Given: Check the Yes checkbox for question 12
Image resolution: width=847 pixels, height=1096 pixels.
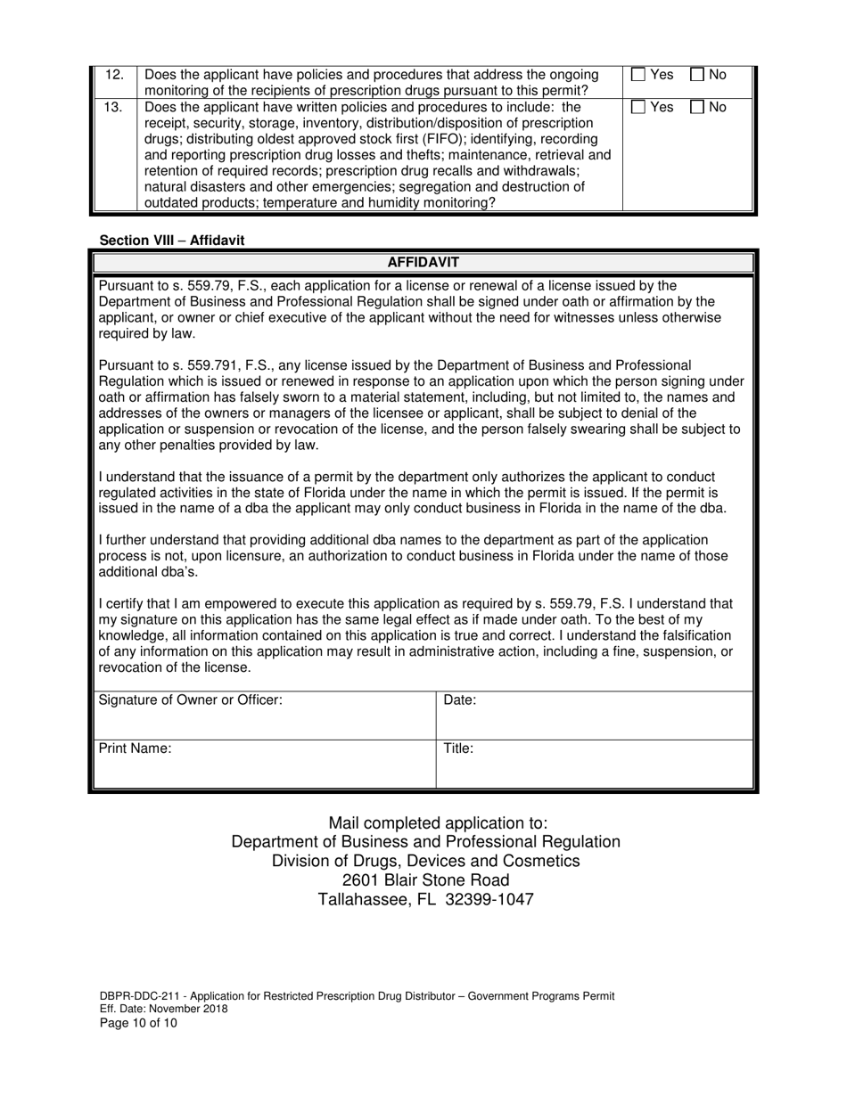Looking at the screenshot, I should (x=637, y=75).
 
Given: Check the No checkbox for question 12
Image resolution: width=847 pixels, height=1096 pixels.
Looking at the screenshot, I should (x=697, y=75).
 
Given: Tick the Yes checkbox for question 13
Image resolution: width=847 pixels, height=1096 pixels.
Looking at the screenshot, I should (x=637, y=107).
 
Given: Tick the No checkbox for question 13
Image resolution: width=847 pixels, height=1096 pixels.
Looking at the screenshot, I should (x=697, y=107).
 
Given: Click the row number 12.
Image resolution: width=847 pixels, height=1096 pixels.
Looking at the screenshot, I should (x=115, y=75).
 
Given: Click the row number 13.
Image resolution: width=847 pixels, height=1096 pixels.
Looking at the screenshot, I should (x=115, y=107).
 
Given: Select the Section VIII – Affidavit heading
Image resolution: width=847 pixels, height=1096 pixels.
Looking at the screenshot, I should (x=171, y=241).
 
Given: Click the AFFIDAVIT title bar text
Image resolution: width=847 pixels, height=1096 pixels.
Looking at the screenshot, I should (x=423, y=263).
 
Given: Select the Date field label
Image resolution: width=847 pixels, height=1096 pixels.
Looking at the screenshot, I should (x=459, y=700).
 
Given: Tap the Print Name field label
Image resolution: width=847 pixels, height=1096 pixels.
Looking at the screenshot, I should (x=135, y=748).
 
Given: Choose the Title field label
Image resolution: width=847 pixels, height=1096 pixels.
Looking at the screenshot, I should (x=458, y=748).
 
